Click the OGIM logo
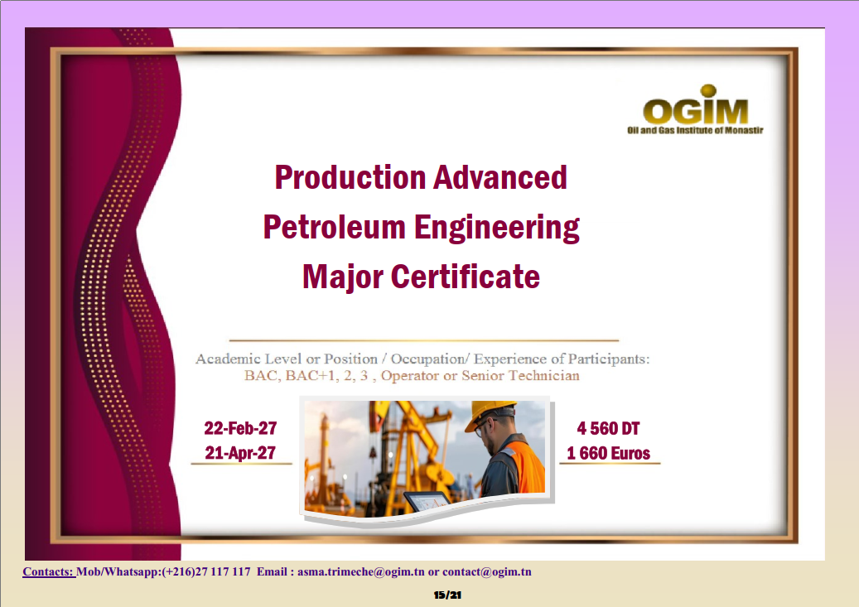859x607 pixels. coord(695,109)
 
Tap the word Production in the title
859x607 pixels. coord(350,177)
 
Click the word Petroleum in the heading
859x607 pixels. coord(334,227)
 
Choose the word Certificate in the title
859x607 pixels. coord(465,276)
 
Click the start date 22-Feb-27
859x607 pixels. coord(240,428)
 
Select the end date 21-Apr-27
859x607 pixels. coord(240,452)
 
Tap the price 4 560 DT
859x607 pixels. coord(608,428)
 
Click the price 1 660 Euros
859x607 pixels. coord(609,453)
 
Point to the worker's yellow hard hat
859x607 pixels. coord(489,414)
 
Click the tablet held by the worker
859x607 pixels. coord(427,501)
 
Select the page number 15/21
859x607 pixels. coord(447,595)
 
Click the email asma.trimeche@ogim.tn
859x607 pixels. coord(361,572)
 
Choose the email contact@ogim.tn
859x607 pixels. coord(487,572)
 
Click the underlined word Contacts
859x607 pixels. coord(48,572)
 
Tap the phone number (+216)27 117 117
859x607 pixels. coord(206,572)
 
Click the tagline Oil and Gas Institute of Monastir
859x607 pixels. coord(695,130)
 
